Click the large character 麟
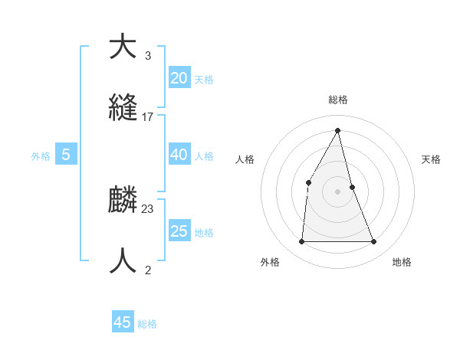[x=123, y=201]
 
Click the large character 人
[x=123, y=260]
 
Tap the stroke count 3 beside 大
[x=147, y=56]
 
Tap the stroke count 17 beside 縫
[x=148, y=117]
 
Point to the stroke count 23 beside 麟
[x=148, y=209]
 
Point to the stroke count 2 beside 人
[x=147, y=270]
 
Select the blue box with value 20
[x=179, y=77]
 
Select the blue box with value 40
[x=179, y=154]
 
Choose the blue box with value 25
[x=179, y=231]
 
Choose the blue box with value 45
[x=123, y=322]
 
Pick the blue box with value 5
[x=66, y=154]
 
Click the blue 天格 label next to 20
[x=204, y=79]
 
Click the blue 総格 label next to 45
[x=147, y=324]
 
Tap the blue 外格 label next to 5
[x=41, y=155]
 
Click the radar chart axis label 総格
[x=338, y=100]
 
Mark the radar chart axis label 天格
[x=431, y=159]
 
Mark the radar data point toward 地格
[x=373, y=242]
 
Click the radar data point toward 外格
[x=301, y=242]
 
